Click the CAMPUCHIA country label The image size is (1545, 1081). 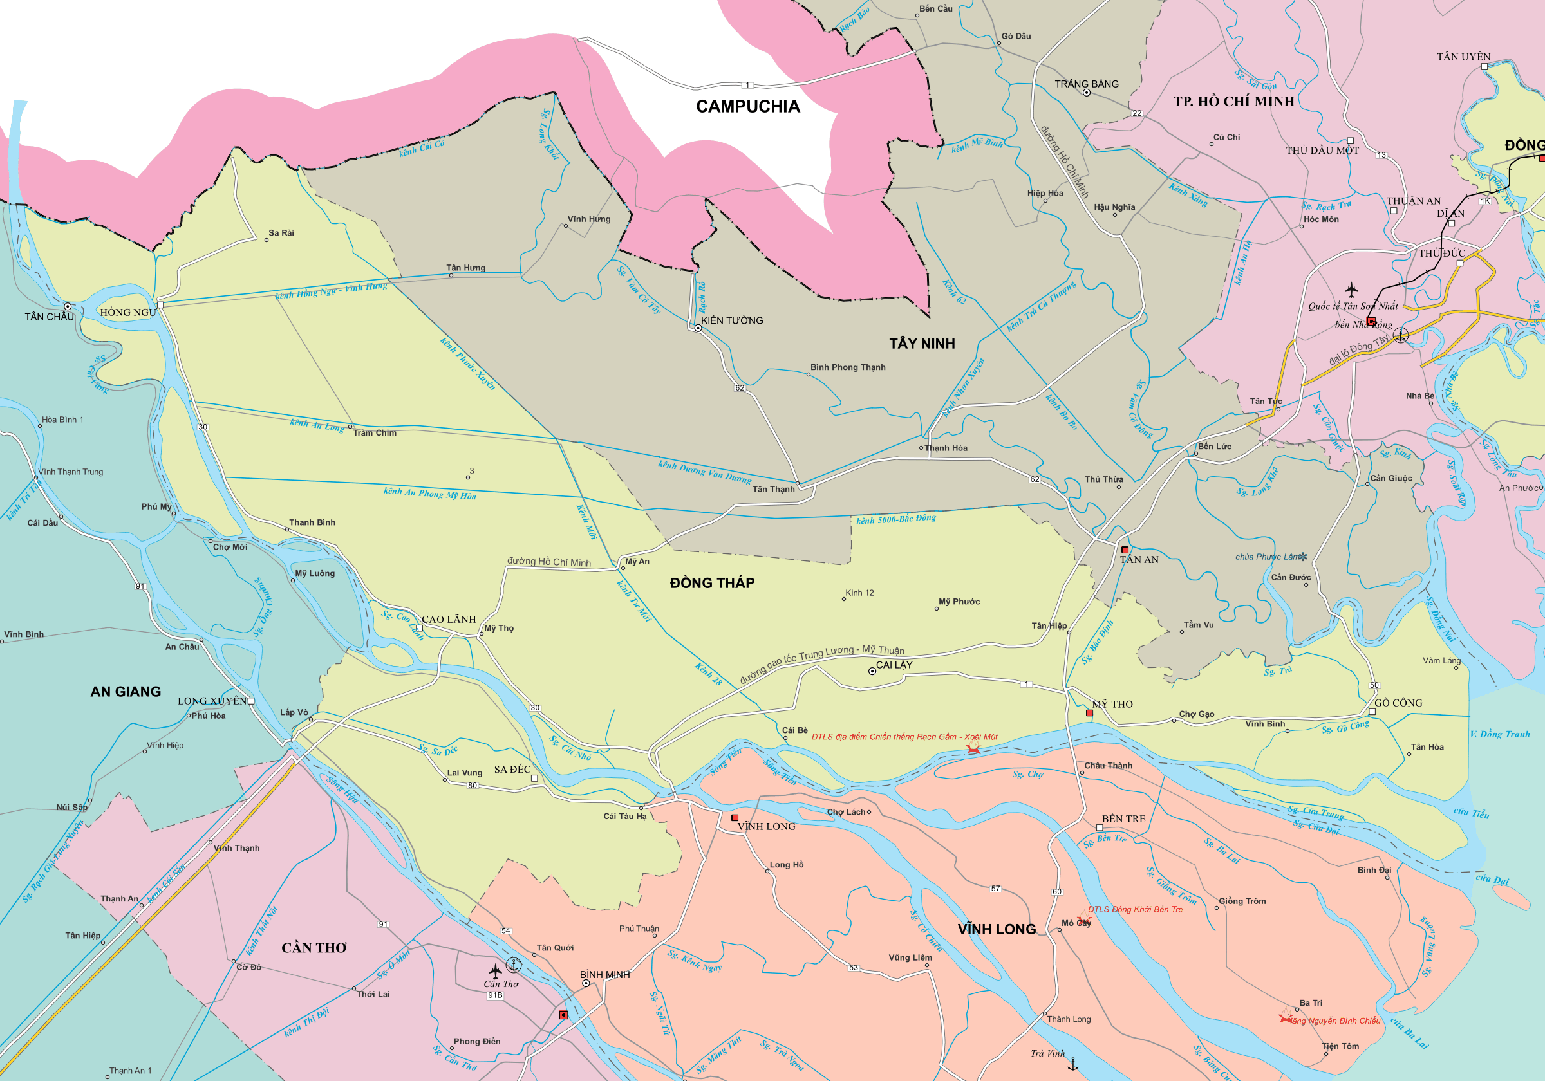click(x=747, y=106)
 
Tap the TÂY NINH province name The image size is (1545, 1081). click(x=922, y=344)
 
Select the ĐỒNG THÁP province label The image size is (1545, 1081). click(x=712, y=583)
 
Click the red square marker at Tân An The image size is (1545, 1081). click(x=1125, y=550)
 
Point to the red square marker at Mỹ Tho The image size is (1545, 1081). click(x=1089, y=713)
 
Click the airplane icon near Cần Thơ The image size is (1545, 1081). click(x=495, y=971)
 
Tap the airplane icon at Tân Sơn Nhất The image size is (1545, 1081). click(x=1351, y=290)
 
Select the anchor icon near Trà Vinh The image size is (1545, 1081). click(x=1073, y=1064)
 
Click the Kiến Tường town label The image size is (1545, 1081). click(x=732, y=321)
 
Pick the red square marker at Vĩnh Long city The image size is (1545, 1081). click(x=735, y=818)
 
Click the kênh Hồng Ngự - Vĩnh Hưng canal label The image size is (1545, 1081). click(x=331, y=291)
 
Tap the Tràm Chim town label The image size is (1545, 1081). click(x=375, y=433)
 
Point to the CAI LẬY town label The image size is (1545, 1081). click(x=894, y=665)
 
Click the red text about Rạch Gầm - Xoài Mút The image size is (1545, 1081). click(x=904, y=737)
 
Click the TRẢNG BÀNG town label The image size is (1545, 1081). click(x=1086, y=84)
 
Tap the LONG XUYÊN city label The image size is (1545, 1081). click(x=212, y=701)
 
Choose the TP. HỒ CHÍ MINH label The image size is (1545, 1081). click(x=1233, y=102)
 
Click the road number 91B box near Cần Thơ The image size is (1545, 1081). click(x=495, y=995)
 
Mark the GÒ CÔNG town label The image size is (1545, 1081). click(x=1398, y=703)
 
